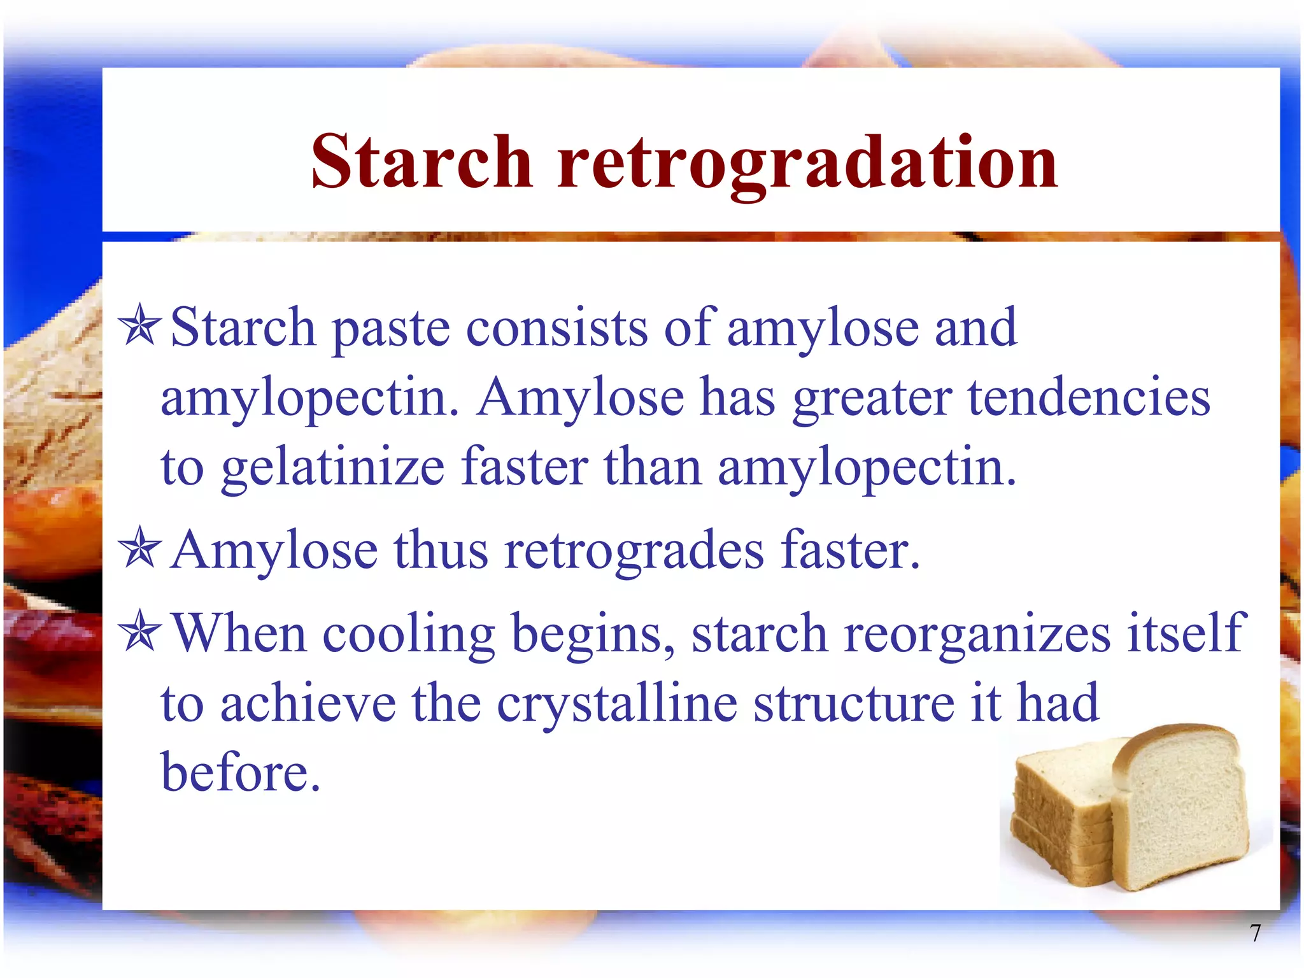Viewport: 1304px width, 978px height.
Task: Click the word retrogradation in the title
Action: [x=807, y=163]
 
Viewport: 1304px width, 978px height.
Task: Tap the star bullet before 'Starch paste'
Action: [x=140, y=325]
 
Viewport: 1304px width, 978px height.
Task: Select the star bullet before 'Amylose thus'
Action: [x=140, y=549]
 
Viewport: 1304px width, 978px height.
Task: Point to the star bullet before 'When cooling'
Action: [x=140, y=632]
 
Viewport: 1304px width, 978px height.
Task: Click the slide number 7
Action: [x=1255, y=933]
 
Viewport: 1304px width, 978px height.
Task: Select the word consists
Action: [x=556, y=328]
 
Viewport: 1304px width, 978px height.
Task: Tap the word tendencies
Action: [x=1089, y=397]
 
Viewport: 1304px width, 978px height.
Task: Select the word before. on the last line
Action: [x=240, y=772]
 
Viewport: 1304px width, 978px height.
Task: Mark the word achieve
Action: [x=308, y=703]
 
